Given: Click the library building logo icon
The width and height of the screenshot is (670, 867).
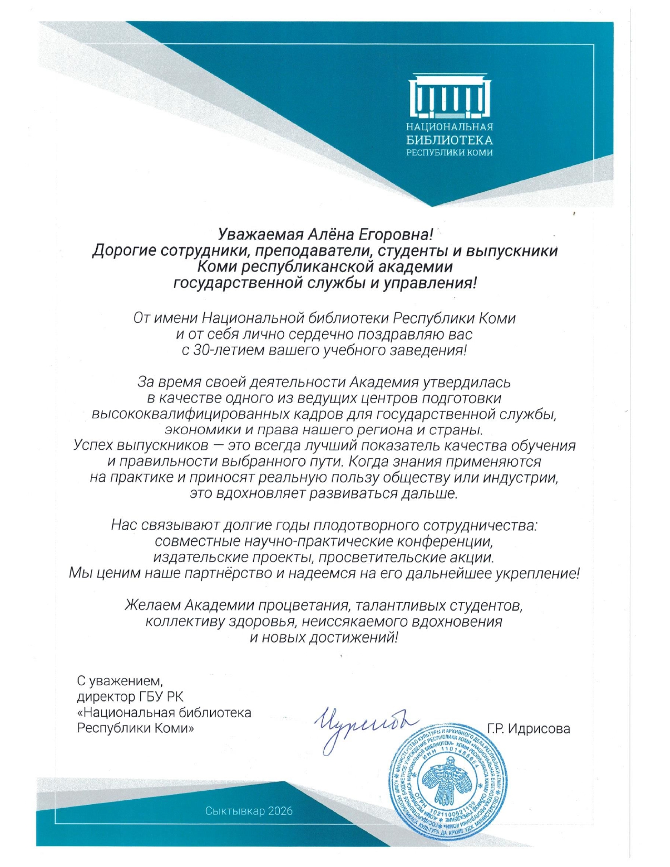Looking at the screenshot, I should pos(450,97).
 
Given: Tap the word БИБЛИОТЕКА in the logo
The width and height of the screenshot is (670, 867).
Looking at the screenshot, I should pos(450,140).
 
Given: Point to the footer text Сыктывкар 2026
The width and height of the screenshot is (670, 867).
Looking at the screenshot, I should pos(249,811).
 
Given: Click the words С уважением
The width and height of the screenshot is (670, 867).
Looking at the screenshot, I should pos(120,682).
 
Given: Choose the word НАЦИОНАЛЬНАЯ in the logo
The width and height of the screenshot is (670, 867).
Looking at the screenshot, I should pos(450,127).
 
